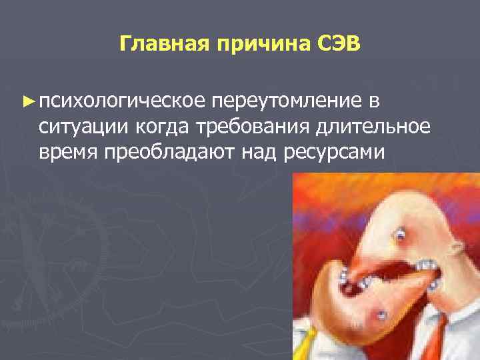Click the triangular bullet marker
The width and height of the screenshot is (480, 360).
tap(27, 101)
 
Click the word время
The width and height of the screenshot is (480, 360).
tap(68, 152)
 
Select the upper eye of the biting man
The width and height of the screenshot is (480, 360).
tap(400, 235)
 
